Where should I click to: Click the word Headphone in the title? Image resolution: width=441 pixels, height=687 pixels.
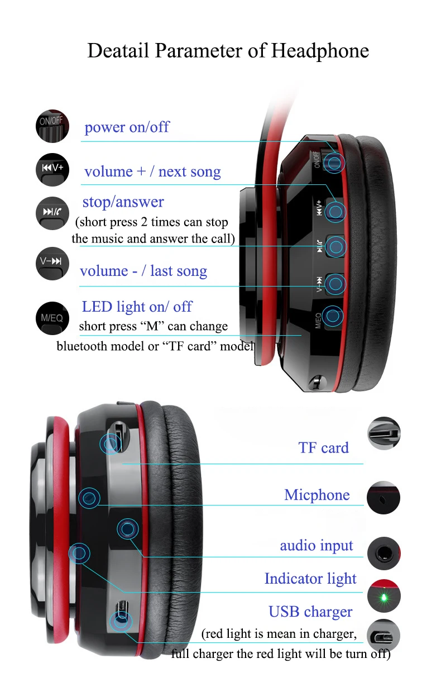(x=320, y=51)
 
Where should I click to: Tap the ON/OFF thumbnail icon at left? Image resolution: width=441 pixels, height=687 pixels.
(x=52, y=126)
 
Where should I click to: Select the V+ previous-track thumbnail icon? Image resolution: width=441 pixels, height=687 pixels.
(x=52, y=169)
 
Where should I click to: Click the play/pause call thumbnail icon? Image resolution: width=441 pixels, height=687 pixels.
(x=52, y=213)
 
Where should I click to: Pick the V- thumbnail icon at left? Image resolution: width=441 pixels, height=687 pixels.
(x=52, y=263)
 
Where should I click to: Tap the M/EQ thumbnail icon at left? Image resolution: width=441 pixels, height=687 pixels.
(x=52, y=318)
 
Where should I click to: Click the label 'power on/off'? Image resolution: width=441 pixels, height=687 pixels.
(x=127, y=127)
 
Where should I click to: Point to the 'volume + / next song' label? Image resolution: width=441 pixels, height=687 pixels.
(x=152, y=171)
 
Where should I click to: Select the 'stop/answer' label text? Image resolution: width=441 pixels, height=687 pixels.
(x=123, y=202)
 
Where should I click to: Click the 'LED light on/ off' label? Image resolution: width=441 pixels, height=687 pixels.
(x=137, y=307)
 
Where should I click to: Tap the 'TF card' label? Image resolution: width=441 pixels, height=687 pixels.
(x=323, y=447)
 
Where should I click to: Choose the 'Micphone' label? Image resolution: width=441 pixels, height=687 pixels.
(x=317, y=495)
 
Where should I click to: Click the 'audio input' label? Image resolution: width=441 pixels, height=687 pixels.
(x=317, y=546)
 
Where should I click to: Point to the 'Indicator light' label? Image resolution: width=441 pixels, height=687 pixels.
(x=310, y=579)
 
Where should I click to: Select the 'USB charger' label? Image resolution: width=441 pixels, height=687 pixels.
(x=310, y=612)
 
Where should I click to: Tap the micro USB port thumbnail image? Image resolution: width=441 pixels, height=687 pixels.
(x=384, y=635)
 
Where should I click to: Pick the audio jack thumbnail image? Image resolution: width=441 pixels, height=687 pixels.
(x=384, y=554)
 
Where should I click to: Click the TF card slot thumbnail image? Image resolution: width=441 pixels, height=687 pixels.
(x=384, y=434)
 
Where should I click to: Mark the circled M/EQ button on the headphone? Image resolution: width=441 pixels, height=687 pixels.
(x=333, y=317)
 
